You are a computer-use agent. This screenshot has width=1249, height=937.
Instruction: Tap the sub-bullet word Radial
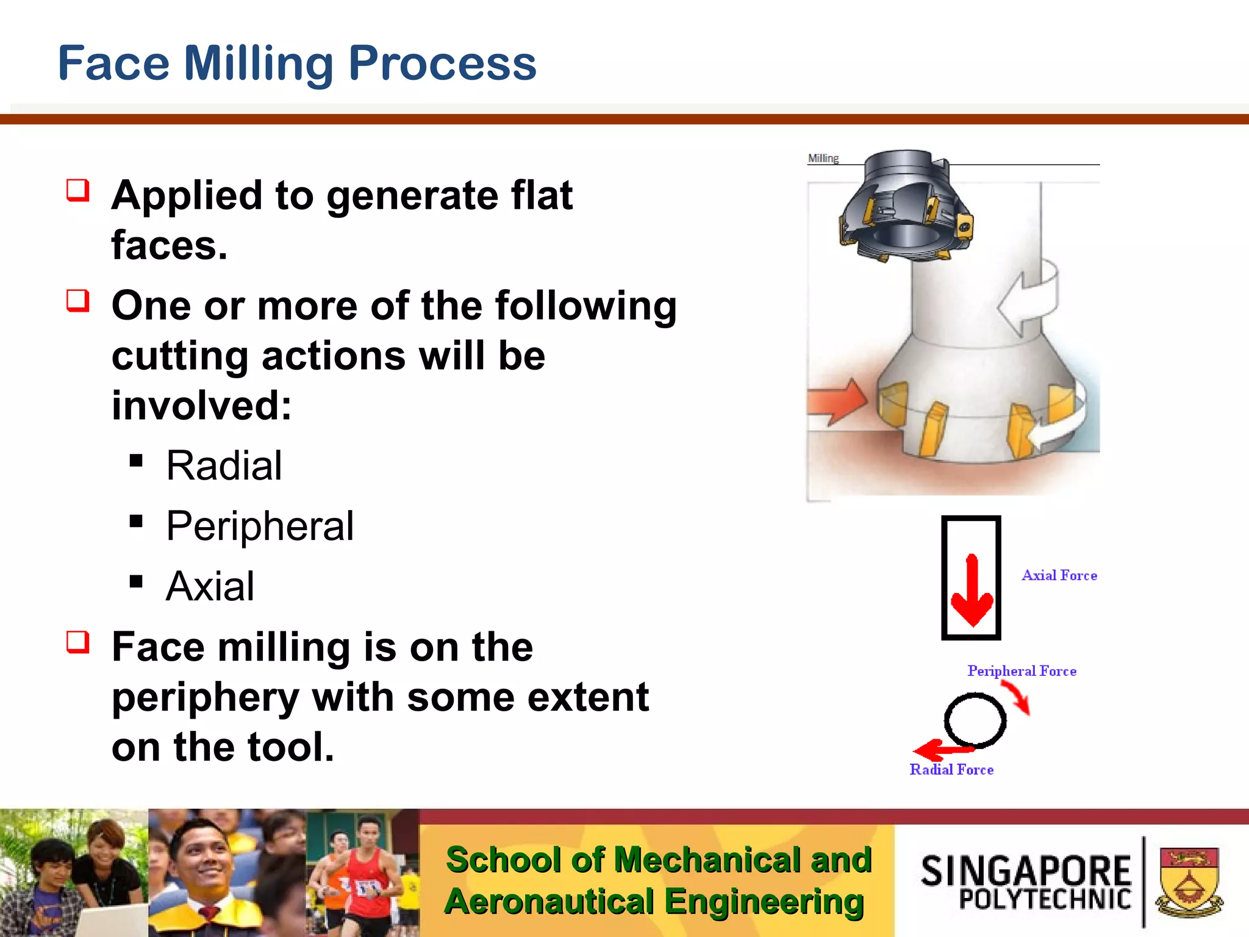(224, 466)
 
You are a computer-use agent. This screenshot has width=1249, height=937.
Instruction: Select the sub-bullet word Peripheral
(260, 526)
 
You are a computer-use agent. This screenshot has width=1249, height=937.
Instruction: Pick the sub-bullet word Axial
(210, 586)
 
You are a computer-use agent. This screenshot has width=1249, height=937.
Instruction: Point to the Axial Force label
(1059, 575)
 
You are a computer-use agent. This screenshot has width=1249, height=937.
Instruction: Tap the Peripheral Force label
(1022, 671)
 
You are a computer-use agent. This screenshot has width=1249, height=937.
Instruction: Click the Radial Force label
(951, 770)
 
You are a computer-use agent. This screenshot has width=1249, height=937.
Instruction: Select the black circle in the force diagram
(975, 720)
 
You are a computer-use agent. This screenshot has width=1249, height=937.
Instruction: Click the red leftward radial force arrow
(939, 749)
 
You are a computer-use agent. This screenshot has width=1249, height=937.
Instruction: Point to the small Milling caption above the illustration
(823, 159)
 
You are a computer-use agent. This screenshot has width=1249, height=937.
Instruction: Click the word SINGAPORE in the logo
(1026, 871)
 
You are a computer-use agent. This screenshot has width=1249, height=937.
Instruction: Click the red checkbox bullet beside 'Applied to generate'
(78, 190)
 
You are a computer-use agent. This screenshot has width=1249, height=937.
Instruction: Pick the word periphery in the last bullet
(206, 697)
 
